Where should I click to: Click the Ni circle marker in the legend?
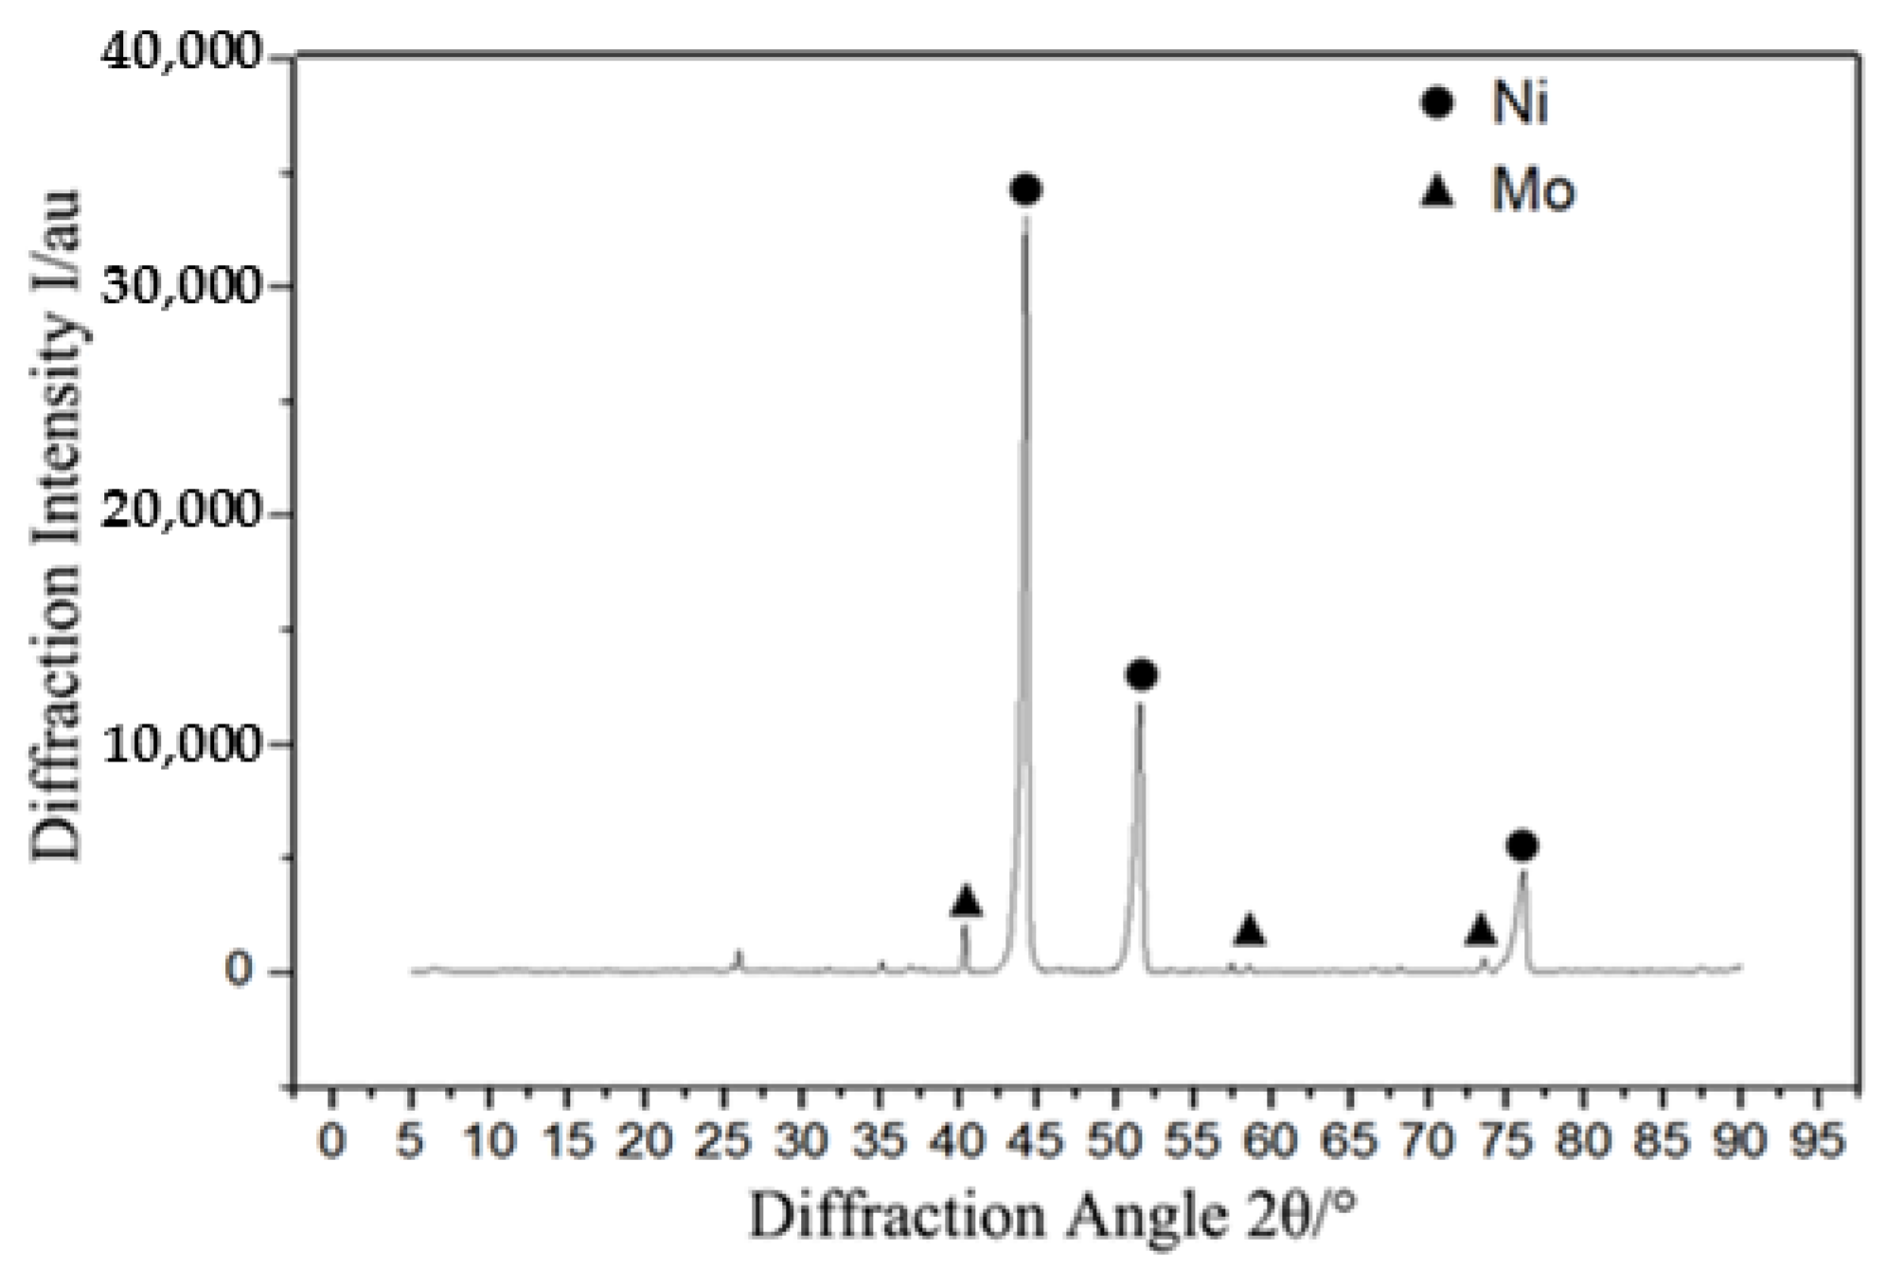[x=1437, y=101]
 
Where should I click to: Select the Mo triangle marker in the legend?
[x=1439, y=192]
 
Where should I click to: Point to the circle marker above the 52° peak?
[x=1142, y=675]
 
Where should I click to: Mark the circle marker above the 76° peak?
[x=1521, y=846]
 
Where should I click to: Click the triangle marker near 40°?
[x=966, y=902]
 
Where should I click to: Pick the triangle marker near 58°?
[x=1250, y=930]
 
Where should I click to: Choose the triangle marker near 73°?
[x=1481, y=930]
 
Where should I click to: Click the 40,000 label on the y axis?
[x=179, y=57]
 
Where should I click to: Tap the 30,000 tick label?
[x=179, y=285]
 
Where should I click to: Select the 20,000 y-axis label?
[x=179, y=514]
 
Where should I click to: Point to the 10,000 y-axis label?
[x=179, y=744]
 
